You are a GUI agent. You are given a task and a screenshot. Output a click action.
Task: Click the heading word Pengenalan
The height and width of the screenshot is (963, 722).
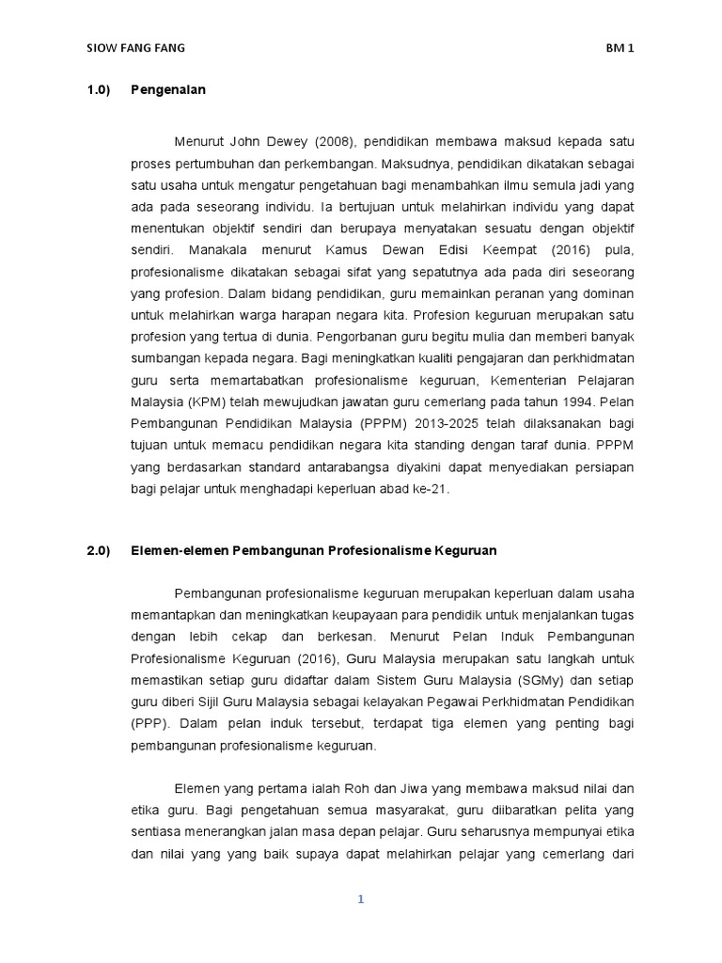point(168,89)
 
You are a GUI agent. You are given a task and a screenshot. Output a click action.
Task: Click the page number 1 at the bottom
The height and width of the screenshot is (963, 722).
point(360,899)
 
